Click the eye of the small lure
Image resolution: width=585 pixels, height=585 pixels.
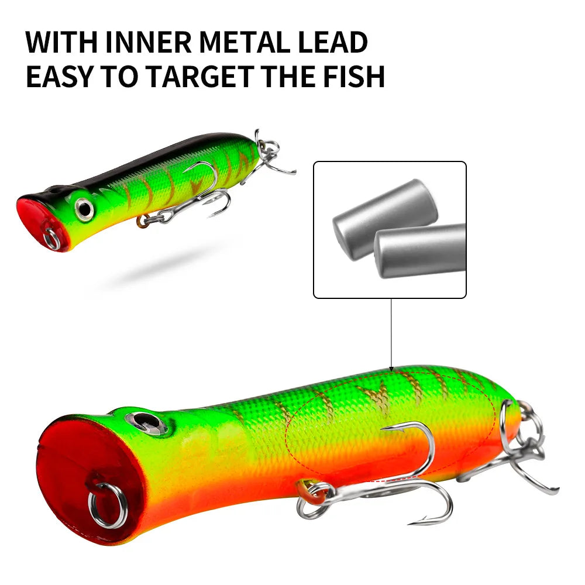[84, 208]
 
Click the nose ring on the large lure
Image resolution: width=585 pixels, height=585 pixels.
[108, 505]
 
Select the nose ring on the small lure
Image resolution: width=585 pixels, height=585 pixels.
[52, 239]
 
